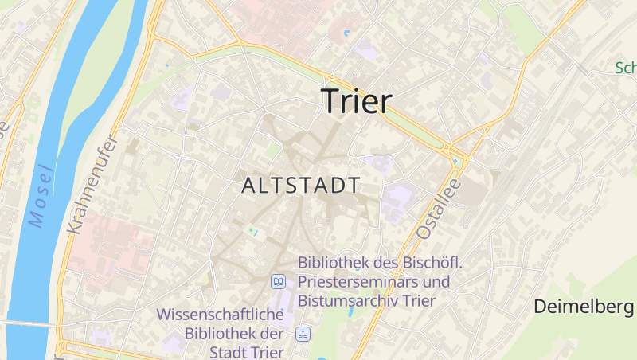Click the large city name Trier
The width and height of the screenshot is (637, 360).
tap(357, 101)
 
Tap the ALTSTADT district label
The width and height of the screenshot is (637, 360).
tap(300, 186)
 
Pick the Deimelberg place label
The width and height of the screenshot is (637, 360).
tap(583, 306)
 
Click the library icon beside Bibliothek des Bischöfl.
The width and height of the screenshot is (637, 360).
tap(279, 281)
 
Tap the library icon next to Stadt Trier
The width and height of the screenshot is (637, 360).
tap(303, 334)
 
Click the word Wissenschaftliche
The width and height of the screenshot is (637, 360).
tap(221, 315)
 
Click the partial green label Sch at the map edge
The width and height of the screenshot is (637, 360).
tap(625, 68)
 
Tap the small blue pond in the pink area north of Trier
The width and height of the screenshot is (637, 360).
tap(346, 33)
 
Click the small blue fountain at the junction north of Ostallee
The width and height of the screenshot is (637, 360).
tap(455, 162)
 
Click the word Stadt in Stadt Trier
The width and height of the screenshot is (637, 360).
tap(227, 352)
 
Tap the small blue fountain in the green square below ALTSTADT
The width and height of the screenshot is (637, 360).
tap(252, 230)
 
